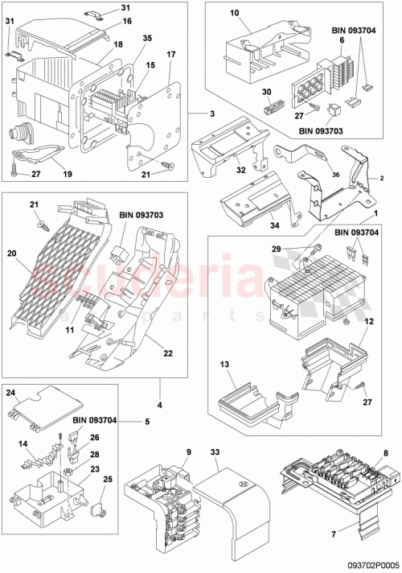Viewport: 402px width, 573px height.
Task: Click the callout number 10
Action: click(x=236, y=14)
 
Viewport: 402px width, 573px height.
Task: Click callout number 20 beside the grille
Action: click(x=13, y=253)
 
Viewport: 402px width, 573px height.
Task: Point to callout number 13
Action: click(x=227, y=365)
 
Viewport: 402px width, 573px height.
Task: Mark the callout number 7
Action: click(x=387, y=439)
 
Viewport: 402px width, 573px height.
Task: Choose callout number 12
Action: click(x=369, y=323)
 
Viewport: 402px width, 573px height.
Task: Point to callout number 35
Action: click(x=147, y=38)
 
